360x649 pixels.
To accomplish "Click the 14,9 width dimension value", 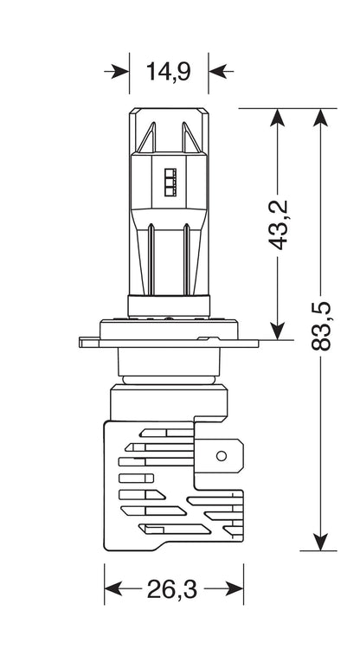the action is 169,71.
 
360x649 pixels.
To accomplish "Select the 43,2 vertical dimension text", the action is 278,225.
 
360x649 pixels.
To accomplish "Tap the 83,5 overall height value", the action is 321,326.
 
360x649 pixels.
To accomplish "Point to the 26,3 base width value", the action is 172,589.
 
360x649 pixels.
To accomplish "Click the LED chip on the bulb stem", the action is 170,182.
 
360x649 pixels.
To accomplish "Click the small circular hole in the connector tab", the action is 222,456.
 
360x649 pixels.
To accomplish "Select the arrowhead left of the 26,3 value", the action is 113,588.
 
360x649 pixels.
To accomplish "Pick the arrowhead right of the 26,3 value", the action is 235,588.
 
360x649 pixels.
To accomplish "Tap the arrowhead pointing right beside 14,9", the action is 120,71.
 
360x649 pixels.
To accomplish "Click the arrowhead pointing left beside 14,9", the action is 217,71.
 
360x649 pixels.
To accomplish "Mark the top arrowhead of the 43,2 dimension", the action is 277,118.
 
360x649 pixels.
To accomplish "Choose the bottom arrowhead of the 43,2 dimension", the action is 277,331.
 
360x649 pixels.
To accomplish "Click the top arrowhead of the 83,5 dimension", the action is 321,118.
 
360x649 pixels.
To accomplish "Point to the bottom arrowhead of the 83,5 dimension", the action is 321,542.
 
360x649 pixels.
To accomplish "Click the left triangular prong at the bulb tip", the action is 148,138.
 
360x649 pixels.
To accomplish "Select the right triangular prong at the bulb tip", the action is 190,138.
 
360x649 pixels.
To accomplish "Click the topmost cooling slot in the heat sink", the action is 166,433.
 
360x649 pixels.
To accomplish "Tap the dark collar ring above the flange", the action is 169,305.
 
